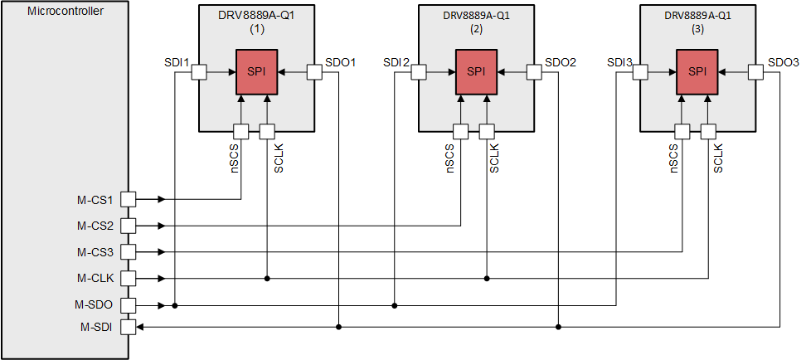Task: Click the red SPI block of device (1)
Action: coord(256,71)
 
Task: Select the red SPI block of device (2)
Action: coord(476,71)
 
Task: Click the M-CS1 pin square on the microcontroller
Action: coord(129,199)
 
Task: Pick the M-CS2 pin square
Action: coord(129,226)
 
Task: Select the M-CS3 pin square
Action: coord(129,251)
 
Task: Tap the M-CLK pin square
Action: coord(129,278)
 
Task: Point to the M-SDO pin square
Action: coord(129,305)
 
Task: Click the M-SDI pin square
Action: coord(129,327)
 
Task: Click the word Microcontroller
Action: coord(66,11)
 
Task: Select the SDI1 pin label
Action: coord(177,63)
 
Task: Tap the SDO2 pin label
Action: coord(561,63)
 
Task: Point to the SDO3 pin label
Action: coord(784,63)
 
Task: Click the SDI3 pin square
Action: coord(640,72)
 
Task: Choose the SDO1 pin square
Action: coord(314,72)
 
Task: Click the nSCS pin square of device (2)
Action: coord(460,131)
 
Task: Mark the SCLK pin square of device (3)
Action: coord(708,131)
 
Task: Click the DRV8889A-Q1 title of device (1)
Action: coord(256,15)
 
